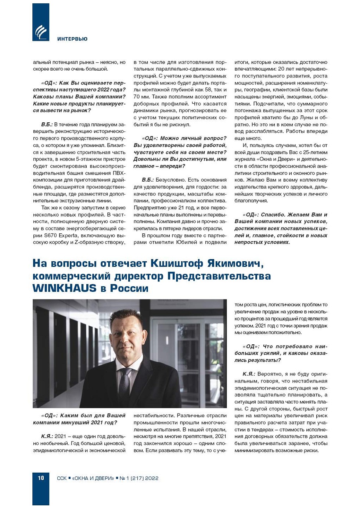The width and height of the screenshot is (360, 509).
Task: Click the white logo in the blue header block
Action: [40, 32]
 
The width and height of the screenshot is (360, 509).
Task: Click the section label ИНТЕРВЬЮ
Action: [72, 39]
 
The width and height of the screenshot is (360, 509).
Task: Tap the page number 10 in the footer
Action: [41, 478]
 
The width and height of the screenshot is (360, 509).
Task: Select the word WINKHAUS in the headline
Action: [64, 288]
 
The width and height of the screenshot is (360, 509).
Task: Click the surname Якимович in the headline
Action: [235, 264]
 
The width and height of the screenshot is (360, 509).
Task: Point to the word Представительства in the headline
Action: [219, 276]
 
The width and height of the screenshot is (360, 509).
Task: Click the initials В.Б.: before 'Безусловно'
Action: [148, 180]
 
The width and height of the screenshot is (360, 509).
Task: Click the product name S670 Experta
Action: [61, 236]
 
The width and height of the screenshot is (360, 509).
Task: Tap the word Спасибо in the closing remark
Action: [273, 215]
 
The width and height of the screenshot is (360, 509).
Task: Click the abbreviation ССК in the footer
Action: [62, 478]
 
